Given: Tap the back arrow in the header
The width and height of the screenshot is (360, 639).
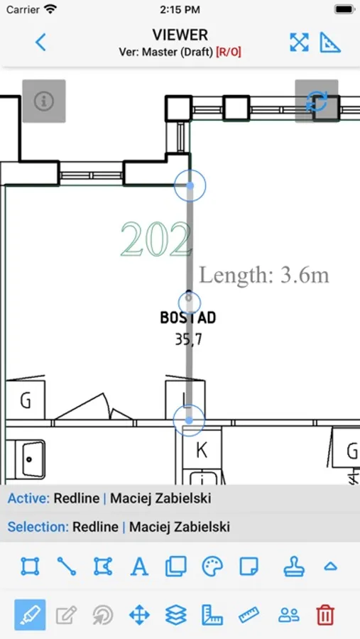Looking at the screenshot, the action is pyautogui.click(x=40, y=42).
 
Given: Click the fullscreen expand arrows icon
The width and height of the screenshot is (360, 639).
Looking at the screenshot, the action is pyautogui.click(x=299, y=43).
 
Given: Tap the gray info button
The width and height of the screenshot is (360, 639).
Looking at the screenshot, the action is pyautogui.click(x=44, y=101).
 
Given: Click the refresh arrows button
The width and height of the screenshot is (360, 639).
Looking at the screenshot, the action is pyautogui.click(x=317, y=101).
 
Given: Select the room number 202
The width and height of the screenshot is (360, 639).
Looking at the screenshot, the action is pyautogui.click(x=156, y=240).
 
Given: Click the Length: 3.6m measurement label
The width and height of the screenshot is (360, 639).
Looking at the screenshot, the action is pyautogui.click(x=263, y=275).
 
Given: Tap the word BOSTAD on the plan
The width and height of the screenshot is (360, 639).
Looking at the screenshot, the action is pyautogui.click(x=188, y=317).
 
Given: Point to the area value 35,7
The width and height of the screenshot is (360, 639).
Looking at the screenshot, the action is pyautogui.click(x=188, y=339).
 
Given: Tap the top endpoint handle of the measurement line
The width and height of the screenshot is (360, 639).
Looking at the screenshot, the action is pyautogui.click(x=190, y=186).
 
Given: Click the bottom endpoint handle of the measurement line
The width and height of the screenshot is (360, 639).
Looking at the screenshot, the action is pyautogui.click(x=189, y=420).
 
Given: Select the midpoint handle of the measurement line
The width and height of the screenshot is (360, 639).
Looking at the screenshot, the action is pyautogui.click(x=190, y=302).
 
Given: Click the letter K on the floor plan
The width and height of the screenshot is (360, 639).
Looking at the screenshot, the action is pyautogui.click(x=202, y=450).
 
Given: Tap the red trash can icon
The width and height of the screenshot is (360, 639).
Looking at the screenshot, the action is pyautogui.click(x=325, y=614).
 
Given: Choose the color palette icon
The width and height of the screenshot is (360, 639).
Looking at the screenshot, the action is pyautogui.click(x=212, y=566).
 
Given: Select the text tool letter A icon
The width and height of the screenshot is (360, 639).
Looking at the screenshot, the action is pyautogui.click(x=139, y=567).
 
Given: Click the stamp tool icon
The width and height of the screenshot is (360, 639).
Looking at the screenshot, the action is pyautogui.click(x=294, y=567).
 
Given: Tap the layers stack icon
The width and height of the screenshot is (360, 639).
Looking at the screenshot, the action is pyautogui.click(x=175, y=615).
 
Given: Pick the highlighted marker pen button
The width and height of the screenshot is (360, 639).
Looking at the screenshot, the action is pyautogui.click(x=30, y=615).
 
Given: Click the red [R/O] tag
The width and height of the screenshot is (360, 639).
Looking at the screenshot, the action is pyautogui.click(x=229, y=52).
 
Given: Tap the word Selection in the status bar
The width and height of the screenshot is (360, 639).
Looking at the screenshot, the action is pyautogui.click(x=38, y=527).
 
